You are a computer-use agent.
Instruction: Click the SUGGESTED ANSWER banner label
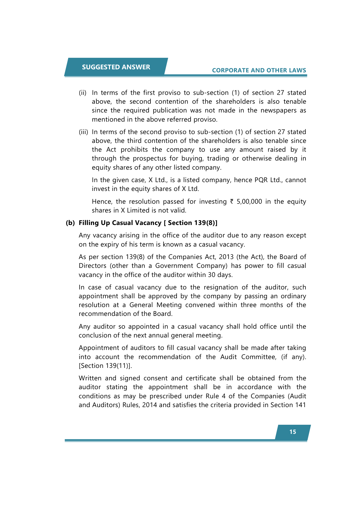tap(116, 67)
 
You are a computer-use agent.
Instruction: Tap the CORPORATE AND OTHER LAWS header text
tap(259, 70)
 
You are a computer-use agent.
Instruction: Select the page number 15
tap(293, 432)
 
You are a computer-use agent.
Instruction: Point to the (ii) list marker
tap(83, 93)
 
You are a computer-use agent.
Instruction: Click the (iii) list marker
tap(83, 132)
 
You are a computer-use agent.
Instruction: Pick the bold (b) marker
tap(71, 223)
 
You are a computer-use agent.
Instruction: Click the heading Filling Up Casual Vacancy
tap(120, 223)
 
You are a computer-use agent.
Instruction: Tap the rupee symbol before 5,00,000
tap(232, 202)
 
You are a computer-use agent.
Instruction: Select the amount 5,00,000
tap(249, 202)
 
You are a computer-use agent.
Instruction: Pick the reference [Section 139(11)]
tap(105, 366)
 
